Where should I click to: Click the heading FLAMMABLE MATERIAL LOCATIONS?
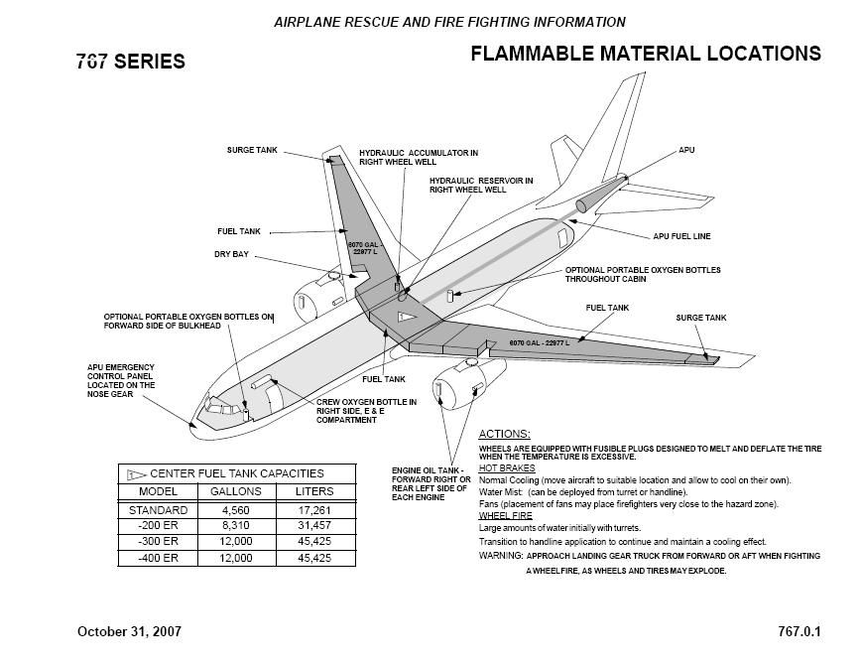pos(645,54)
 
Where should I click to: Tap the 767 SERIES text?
pos(130,62)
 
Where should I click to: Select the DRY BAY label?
pos(231,255)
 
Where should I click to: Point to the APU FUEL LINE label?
pos(681,237)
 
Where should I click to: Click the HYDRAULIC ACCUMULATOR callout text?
pos(419,158)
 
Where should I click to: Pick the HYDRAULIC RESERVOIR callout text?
pos(481,185)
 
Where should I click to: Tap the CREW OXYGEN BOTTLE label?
pos(366,411)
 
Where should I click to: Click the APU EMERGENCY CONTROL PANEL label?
pos(121,380)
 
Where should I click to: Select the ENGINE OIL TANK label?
pos(430,482)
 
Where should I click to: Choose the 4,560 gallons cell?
pos(236,510)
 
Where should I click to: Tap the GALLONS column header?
pos(236,491)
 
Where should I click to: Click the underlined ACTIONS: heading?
pos(504,434)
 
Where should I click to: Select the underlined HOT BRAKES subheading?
pos(507,467)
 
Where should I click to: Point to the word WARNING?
pos(500,555)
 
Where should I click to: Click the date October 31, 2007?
pos(129,631)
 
